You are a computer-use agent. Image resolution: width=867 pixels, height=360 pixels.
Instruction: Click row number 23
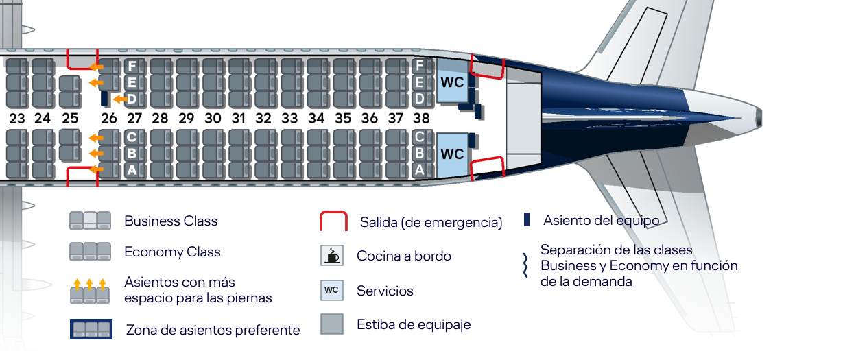(17, 118)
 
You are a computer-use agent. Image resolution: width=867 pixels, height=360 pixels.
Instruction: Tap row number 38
(421, 118)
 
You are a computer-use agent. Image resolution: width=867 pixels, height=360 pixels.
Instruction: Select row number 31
(238, 118)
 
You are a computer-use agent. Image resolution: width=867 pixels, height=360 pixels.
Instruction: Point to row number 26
(109, 118)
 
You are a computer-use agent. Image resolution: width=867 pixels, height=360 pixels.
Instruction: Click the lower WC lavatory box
(451, 154)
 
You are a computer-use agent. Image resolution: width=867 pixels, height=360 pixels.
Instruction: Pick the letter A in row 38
(419, 169)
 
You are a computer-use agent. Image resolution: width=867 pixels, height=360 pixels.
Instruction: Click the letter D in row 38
(419, 99)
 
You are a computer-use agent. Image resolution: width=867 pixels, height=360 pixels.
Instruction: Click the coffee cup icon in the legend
(332, 256)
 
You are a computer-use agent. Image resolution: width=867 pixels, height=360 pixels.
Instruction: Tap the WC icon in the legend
(332, 290)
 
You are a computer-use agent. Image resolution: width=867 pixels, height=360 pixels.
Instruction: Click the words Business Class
(171, 221)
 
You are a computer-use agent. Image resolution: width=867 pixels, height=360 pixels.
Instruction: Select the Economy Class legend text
(172, 252)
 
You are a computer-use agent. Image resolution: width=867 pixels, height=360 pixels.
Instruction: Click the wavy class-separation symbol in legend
(525, 265)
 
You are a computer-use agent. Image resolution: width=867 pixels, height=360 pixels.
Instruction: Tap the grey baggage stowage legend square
(332, 324)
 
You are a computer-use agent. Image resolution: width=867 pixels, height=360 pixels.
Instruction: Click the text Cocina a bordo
(404, 256)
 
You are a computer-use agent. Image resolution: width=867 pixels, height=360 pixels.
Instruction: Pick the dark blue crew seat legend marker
(527, 219)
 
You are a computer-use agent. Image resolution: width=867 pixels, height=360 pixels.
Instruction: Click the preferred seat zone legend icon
(91, 329)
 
